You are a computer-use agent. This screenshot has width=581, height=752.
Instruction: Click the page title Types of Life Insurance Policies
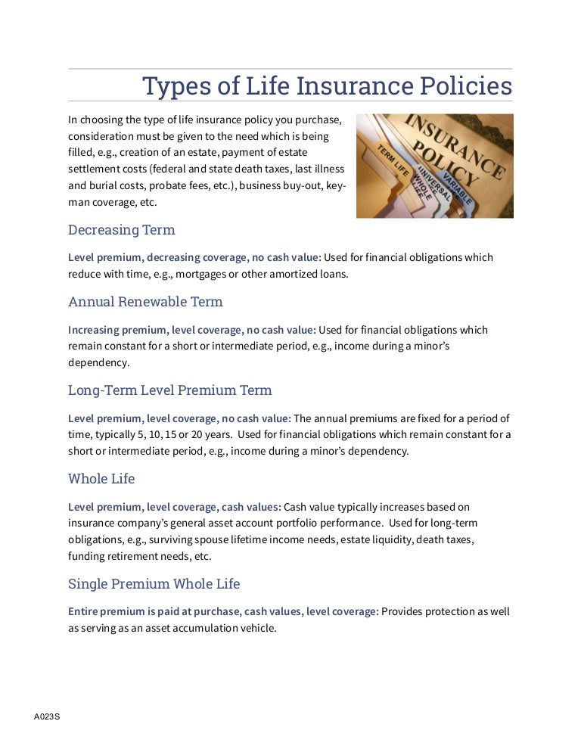(327, 86)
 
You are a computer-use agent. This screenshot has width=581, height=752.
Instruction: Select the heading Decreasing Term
(121, 229)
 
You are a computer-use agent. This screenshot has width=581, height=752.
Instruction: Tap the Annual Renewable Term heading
(145, 302)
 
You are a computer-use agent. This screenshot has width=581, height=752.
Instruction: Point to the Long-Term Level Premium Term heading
(169, 390)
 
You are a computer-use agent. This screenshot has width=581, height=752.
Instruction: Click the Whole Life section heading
(101, 479)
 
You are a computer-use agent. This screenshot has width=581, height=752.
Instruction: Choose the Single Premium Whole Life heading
(154, 584)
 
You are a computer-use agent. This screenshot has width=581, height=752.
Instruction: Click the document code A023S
(46, 716)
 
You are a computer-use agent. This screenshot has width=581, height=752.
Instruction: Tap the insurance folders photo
(434, 166)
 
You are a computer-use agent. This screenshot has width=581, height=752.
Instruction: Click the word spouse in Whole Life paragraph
(213, 539)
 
